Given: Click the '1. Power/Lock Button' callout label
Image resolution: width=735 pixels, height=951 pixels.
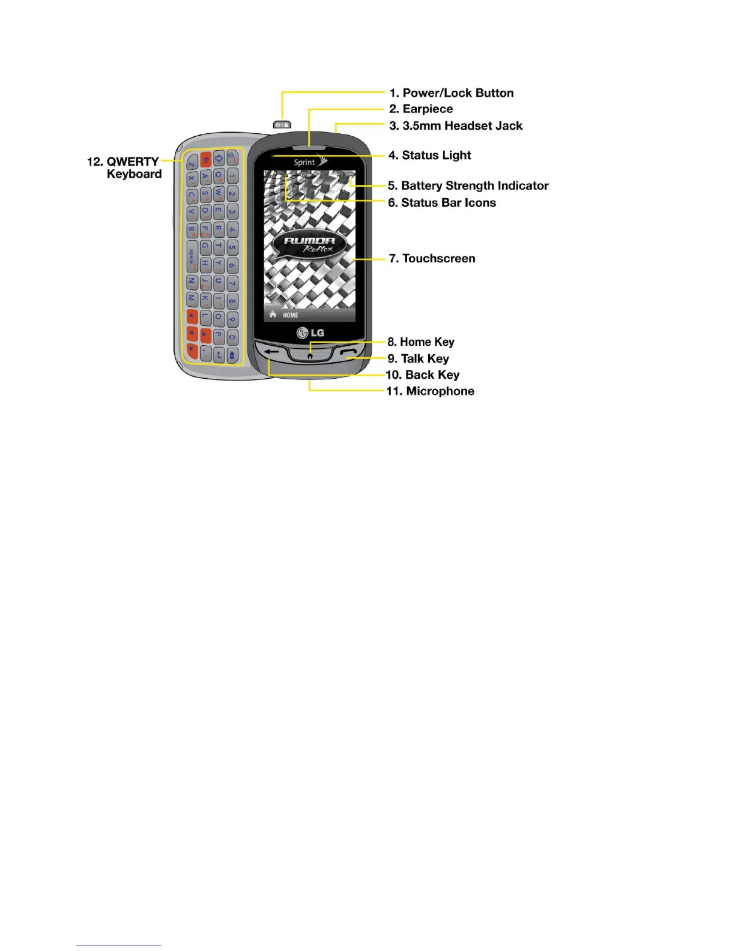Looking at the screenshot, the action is point(452,93).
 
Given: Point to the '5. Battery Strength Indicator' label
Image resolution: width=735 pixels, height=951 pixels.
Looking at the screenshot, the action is point(468,186).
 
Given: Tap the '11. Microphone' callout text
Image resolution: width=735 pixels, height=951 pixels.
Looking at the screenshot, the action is point(430,391).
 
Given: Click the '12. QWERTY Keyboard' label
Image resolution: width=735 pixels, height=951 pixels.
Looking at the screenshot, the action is point(125,168).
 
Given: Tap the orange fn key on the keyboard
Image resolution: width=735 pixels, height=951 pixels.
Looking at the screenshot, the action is point(206,160).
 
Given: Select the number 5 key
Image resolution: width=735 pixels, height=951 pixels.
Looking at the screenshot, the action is point(232,247).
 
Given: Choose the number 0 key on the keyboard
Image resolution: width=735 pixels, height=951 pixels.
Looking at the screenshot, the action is point(232,337).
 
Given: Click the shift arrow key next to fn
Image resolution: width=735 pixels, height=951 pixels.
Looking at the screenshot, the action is point(219,158).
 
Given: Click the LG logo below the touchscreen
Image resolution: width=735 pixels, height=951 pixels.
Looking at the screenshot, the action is point(310,333).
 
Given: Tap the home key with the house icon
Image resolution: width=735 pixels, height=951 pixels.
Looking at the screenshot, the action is point(310,354).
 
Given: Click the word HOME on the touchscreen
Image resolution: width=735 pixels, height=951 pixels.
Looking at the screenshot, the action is point(291,315).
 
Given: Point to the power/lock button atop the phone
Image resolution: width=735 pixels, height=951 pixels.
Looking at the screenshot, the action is point(282,124).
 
